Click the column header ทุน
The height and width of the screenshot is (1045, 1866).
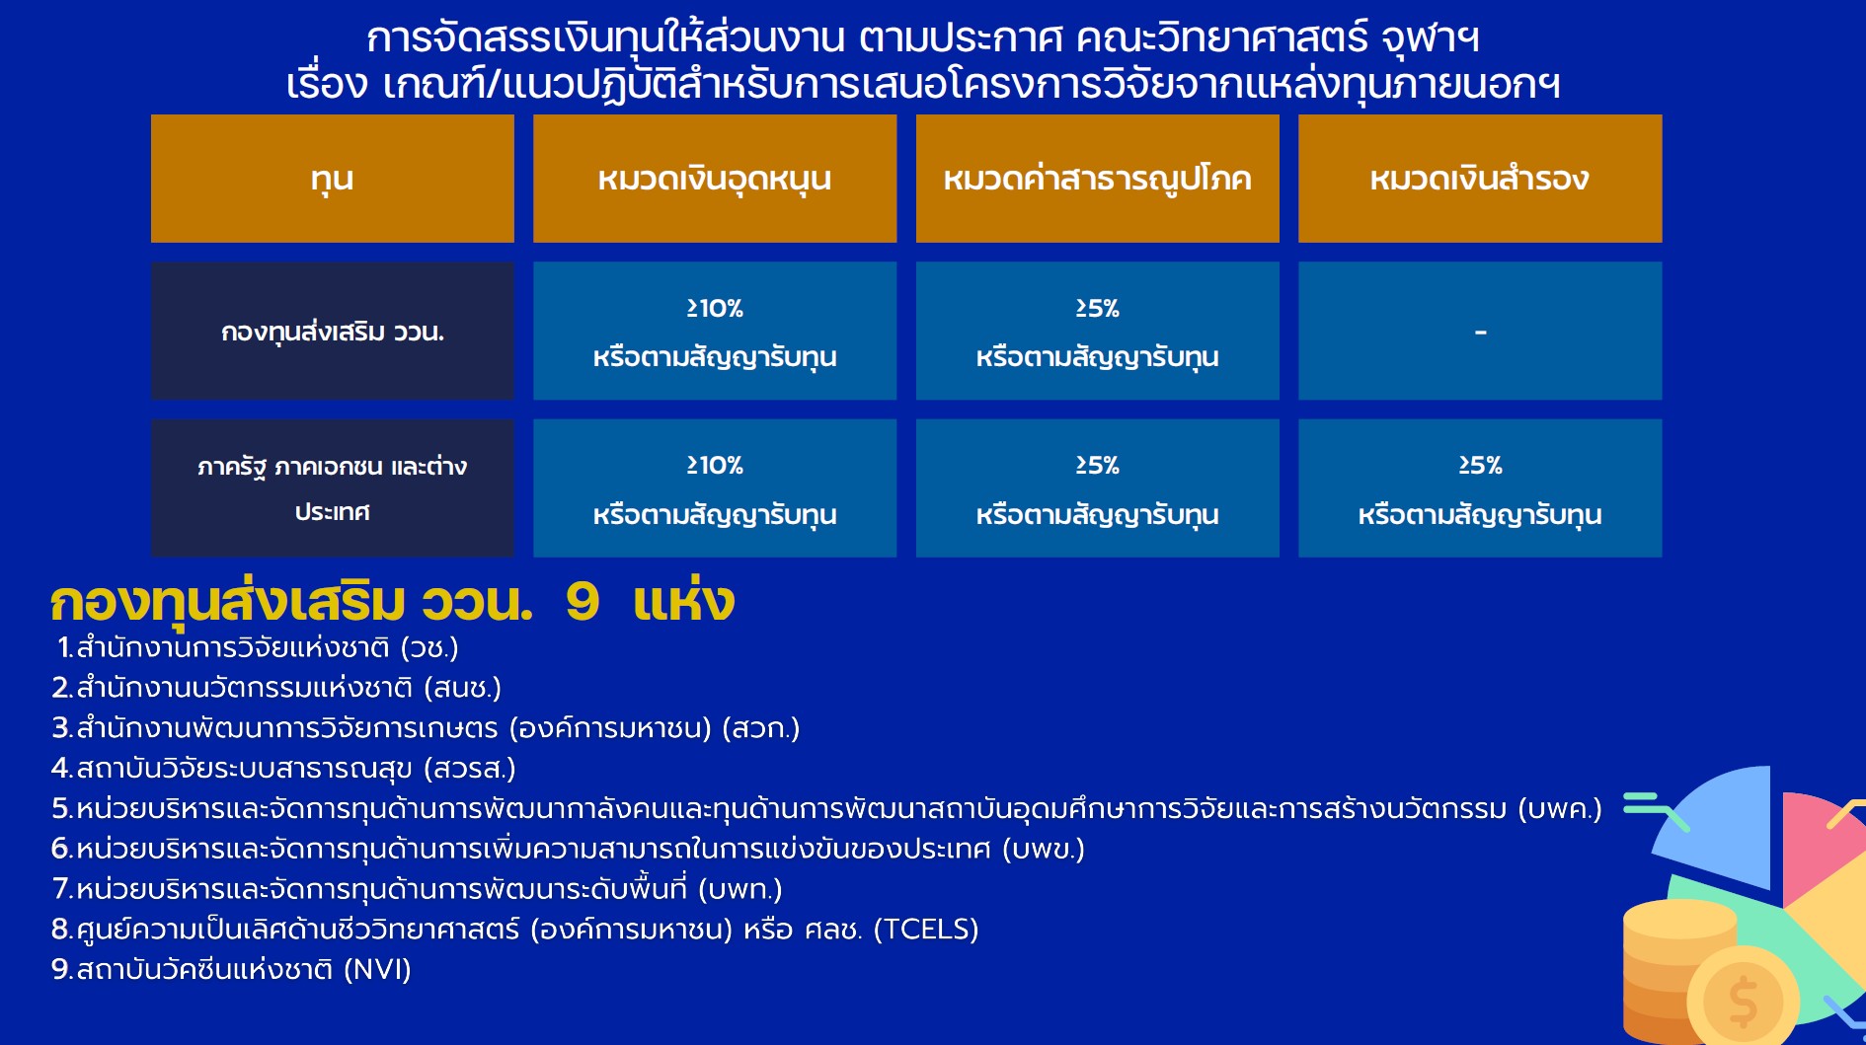pyautogui.click(x=332, y=179)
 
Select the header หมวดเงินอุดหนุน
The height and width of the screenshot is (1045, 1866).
pyautogui.click(x=715, y=179)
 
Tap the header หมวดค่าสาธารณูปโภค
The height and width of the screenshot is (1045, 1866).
pyautogui.click(x=1097, y=179)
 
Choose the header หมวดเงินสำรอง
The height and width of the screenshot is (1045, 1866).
pyautogui.click(x=1480, y=179)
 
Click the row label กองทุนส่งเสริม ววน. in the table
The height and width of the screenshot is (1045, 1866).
pyautogui.click(x=332, y=331)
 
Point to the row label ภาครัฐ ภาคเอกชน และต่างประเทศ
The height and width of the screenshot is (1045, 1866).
pyautogui.click(x=332, y=488)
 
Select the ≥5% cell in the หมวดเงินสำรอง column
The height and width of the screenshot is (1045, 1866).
pyautogui.click(x=1480, y=488)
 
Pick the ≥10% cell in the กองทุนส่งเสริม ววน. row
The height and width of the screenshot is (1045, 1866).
pyautogui.click(x=715, y=331)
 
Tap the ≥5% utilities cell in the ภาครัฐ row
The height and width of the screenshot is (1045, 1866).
pyautogui.click(x=1097, y=488)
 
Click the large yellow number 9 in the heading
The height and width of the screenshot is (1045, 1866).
pyautogui.click(x=583, y=602)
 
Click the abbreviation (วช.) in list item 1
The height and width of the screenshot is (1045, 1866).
pyautogui.click(x=429, y=648)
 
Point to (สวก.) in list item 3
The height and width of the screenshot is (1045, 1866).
pyautogui.click(x=761, y=728)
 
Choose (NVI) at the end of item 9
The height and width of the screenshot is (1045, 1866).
pyautogui.click(x=377, y=970)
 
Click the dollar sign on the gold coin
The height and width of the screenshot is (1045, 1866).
pyautogui.click(x=1744, y=1002)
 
